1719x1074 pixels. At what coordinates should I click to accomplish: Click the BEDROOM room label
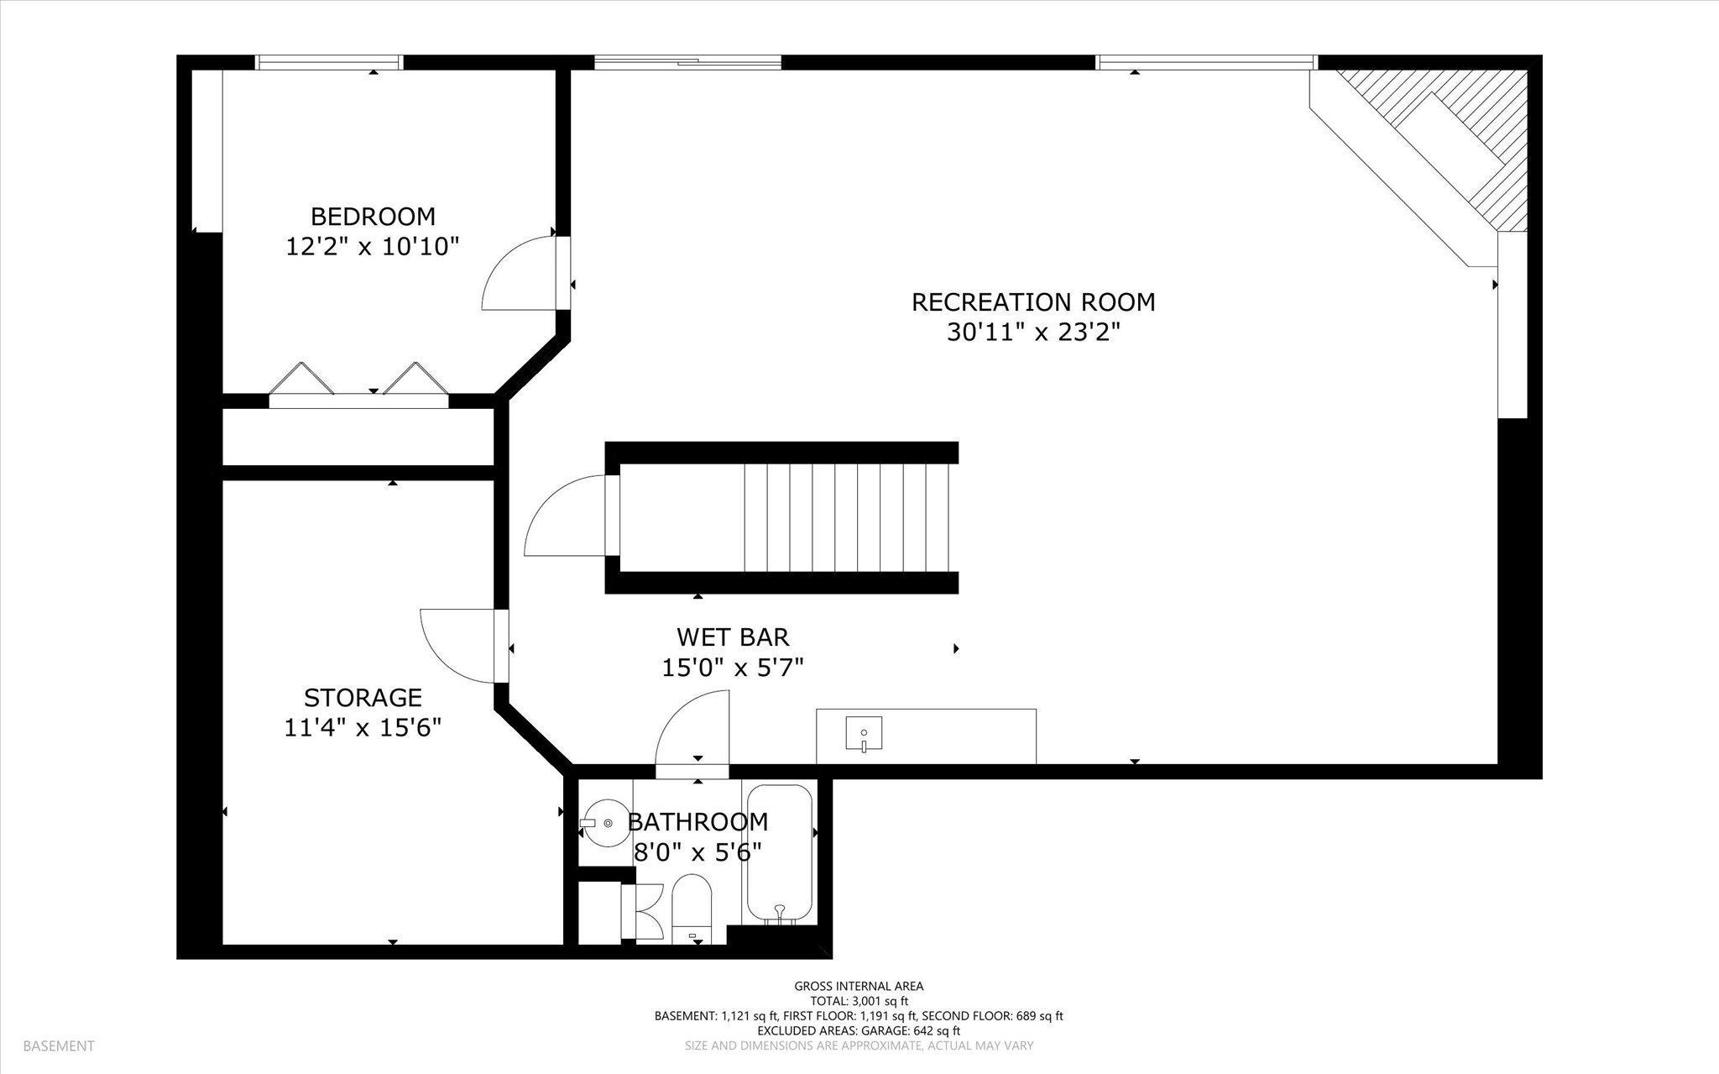coord(373,217)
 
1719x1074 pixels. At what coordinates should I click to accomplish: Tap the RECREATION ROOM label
coord(1033,302)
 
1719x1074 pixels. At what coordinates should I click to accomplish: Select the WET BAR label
coord(733,637)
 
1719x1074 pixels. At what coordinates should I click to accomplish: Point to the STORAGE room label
coord(363,698)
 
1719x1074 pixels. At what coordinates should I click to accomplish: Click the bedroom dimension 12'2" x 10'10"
coord(373,247)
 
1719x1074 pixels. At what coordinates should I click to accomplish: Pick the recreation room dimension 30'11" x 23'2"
coord(1033,333)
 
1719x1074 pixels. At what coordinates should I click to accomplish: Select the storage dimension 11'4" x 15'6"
coord(363,728)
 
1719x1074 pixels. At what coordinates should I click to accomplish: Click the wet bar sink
coord(864,734)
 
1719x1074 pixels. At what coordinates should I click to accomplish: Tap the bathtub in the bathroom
coord(780,853)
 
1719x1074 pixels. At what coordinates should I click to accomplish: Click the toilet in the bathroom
coord(692,909)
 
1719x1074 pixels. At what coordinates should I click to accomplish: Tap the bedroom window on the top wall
coord(329,62)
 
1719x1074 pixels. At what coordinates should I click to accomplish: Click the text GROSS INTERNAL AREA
coord(859,987)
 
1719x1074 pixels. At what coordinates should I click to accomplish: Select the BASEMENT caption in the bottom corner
coord(59,1046)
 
